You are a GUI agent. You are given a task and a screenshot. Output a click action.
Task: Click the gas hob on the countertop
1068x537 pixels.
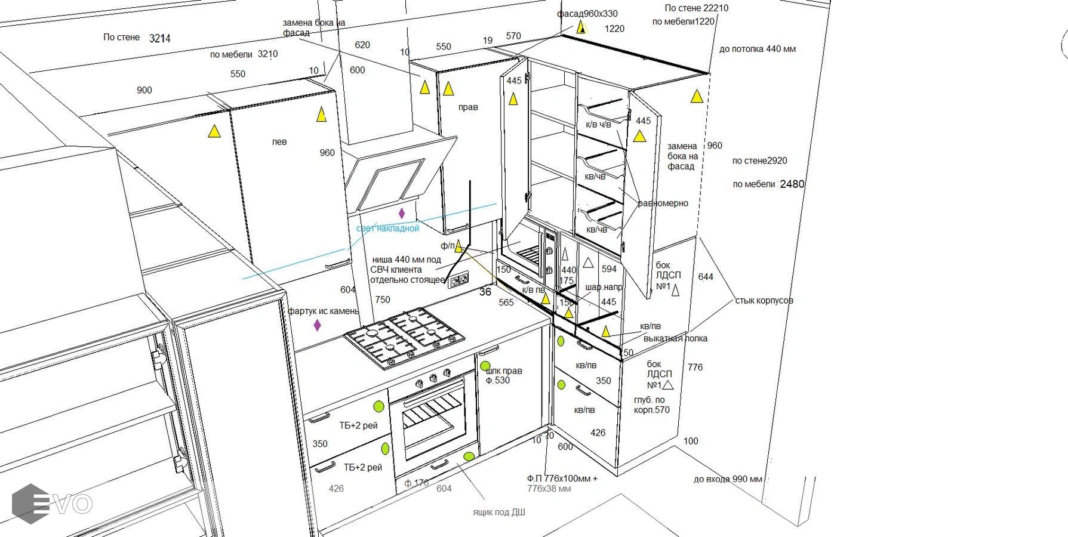point(405,337)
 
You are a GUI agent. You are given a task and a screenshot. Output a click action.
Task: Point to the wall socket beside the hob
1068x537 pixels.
point(458,279)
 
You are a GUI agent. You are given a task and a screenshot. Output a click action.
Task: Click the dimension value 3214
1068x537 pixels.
point(159,38)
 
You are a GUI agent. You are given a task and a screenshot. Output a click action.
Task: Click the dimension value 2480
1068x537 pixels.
point(792,184)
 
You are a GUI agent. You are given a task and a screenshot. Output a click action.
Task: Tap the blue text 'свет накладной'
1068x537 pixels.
point(387,229)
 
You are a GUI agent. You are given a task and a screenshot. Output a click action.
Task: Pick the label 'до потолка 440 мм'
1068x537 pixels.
point(757,49)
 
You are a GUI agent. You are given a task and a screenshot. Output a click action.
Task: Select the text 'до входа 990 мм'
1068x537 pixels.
point(727,479)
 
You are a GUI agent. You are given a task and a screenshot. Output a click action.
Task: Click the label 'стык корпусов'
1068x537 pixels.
point(764,300)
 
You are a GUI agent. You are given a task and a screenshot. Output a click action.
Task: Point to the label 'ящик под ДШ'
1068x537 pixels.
point(498,512)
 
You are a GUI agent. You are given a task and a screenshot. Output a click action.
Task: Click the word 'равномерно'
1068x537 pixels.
point(663,203)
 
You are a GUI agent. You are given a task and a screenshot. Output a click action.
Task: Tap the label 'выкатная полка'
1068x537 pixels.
point(675,338)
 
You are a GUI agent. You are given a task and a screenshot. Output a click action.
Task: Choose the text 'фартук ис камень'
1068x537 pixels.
point(323,311)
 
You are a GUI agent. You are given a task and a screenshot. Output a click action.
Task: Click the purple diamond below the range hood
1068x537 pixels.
point(402,213)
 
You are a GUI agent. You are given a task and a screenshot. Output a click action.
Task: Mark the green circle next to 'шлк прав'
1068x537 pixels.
point(485,366)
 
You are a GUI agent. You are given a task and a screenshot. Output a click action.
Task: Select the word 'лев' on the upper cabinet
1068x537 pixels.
point(279,142)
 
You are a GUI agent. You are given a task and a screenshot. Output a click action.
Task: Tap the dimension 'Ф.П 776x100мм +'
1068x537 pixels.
point(562,479)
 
